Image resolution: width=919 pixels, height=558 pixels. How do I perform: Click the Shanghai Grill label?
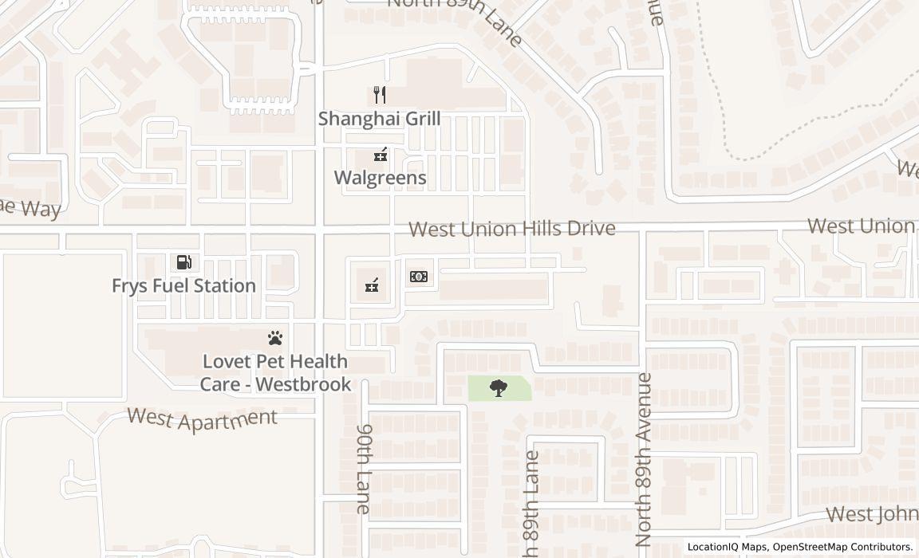[x=379, y=119]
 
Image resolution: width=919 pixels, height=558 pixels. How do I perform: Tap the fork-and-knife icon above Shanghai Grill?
[x=380, y=96]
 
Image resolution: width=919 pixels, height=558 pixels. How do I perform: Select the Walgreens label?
[x=380, y=177]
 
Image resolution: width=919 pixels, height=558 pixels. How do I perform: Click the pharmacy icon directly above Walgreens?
[x=380, y=155]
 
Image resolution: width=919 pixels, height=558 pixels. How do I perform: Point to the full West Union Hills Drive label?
[x=512, y=230]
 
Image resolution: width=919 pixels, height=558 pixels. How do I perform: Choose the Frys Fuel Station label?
[x=183, y=285]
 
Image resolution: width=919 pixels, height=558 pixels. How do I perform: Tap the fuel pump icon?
[x=183, y=262]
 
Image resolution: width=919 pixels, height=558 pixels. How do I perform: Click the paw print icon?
[x=275, y=338]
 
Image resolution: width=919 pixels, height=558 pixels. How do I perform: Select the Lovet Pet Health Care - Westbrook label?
[x=274, y=373]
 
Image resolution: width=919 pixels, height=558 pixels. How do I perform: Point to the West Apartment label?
[x=203, y=418]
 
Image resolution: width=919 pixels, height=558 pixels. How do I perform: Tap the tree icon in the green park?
[x=499, y=388]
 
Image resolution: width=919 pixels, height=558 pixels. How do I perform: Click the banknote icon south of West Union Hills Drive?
[x=419, y=277]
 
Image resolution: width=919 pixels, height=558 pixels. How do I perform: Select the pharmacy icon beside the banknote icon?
[x=372, y=285]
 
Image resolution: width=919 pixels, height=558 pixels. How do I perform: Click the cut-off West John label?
[x=871, y=513]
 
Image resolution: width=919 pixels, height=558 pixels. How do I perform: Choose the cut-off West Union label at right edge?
[x=862, y=226]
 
